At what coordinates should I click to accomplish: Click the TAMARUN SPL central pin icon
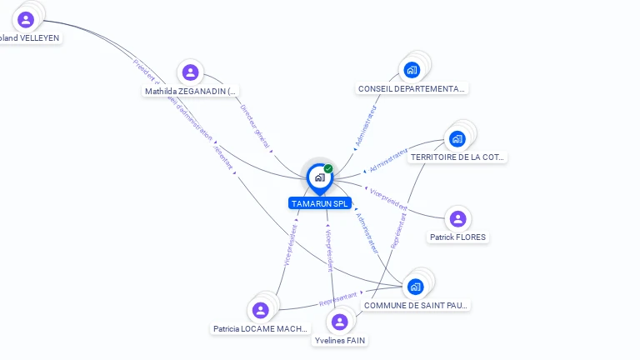[x=319, y=177]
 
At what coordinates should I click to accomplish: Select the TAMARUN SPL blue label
[x=319, y=203]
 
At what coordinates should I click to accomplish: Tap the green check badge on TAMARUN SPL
[x=328, y=169]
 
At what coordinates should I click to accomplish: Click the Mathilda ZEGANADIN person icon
[x=190, y=72]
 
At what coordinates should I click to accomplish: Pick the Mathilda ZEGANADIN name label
[x=191, y=91]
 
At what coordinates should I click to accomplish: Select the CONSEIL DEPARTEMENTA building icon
[x=411, y=70]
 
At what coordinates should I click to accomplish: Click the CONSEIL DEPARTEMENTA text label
[x=412, y=88]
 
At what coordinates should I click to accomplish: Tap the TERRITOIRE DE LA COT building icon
[x=457, y=138]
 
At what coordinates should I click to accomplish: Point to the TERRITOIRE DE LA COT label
[x=457, y=157]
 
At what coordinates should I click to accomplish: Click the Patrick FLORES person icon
[x=457, y=219]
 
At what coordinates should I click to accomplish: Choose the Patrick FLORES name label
[x=457, y=237]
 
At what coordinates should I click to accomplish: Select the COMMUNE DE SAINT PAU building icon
[x=416, y=287]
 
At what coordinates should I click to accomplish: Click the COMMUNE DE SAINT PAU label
[x=416, y=305]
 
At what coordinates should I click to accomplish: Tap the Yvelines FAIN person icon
[x=339, y=322]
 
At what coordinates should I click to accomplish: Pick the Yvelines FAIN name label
[x=339, y=340]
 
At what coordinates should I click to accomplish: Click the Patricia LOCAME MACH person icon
[x=261, y=310]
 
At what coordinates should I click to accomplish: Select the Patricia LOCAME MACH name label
[x=261, y=328]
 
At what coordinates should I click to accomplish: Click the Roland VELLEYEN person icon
[x=26, y=19]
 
